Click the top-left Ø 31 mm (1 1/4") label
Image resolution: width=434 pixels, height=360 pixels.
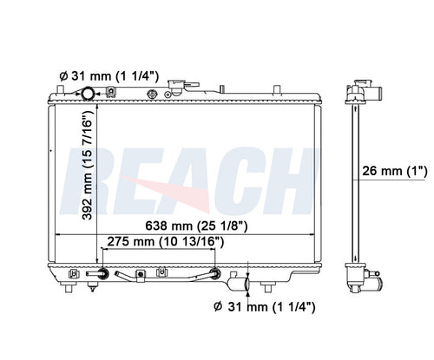click(x=109, y=76)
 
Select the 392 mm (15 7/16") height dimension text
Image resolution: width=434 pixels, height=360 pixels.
click(x=88, y=167)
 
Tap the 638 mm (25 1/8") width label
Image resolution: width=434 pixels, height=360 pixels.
click(x=196, y=226)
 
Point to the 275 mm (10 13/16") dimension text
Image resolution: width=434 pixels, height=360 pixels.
click(x=166, y=241)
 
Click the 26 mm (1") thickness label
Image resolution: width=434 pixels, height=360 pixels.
click(x=395, y=171)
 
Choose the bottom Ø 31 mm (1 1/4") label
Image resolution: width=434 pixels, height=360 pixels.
click(x=265, y=306)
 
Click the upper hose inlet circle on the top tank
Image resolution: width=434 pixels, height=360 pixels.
click(x=88, y=94)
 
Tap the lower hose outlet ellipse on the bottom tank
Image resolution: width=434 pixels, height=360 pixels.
click(x=247, y=284)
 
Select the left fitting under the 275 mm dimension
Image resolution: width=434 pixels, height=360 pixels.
click(x=103, y=273)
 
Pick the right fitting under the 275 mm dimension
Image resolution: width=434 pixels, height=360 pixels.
click(x=215, y=273)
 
